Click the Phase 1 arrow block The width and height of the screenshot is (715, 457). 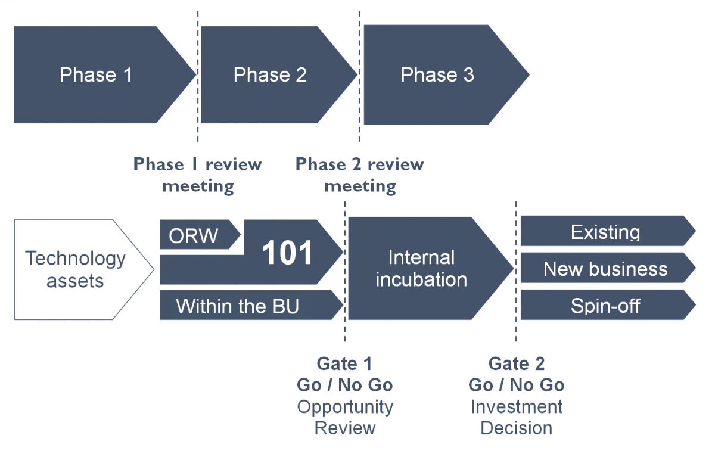[96, 74]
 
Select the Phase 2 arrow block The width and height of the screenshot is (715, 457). [271, 74]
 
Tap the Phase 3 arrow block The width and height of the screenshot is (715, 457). [440, 74]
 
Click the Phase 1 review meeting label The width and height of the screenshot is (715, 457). [198, 175]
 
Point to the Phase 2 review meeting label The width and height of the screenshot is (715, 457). [360, 175]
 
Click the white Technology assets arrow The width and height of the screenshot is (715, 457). [77, 269]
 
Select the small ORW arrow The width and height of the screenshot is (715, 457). [198, 235]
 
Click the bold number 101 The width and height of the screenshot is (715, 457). [287, 253]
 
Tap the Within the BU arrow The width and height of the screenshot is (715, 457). [249, 305]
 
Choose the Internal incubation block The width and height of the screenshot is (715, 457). [424, 268]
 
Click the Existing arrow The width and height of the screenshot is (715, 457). [607, 231]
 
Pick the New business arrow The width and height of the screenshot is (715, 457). [607, 268]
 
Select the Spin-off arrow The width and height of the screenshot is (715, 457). [607, 305]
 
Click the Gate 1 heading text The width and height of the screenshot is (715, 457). [344, 363]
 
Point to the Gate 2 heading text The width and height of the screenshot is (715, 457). [517, 363]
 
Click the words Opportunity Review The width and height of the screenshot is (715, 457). [345, 418]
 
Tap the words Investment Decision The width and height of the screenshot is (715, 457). [517, 417]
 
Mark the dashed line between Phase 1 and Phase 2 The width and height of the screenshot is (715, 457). [198, 77]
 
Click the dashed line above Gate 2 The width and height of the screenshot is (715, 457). [516, 271]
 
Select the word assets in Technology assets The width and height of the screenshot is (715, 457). [75, 281]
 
